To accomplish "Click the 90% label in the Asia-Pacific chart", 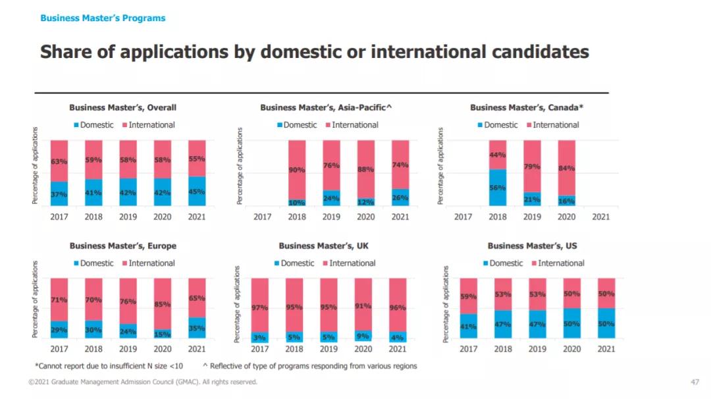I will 296,170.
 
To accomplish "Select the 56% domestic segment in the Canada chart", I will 498,187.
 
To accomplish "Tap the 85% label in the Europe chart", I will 163,304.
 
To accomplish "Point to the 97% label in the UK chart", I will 259,307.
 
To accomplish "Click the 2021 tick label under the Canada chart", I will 601,217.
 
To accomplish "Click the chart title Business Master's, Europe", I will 123,246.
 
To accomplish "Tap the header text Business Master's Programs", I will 103,18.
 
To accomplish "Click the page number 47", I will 695,382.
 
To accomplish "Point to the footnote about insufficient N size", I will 109,365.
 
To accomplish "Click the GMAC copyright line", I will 143,382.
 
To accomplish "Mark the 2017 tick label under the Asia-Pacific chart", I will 262,217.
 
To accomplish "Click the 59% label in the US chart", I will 469,296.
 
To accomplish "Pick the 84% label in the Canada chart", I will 566,168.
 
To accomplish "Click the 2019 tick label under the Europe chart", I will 128,348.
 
